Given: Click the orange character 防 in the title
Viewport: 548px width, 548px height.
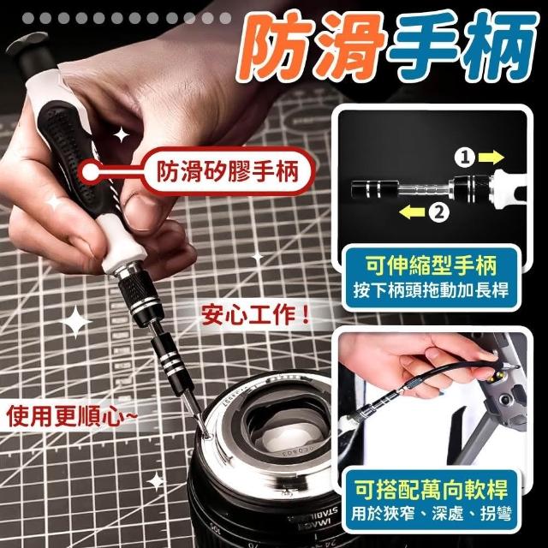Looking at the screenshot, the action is pyautogui.click(x=275, y=48).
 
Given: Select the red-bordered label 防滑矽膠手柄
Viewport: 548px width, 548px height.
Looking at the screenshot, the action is pyautogui.click(x=227, y=171).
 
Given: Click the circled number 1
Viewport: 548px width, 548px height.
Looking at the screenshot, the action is pyautogui.click(x=464, y=158).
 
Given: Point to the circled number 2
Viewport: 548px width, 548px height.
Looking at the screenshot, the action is pyautogui.click(x=439, y=211).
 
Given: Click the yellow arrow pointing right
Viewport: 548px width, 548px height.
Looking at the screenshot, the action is pyautogui.click(x=491, y=157).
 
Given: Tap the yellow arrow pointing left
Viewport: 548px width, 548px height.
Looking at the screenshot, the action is pyautogui.click(x=412, y=211).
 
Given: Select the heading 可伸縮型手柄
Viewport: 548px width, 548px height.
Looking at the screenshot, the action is pyautogui.click(x=432, y=266).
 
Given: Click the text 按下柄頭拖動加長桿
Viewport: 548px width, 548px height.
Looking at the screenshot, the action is pyautogui.click(x=431, y=290).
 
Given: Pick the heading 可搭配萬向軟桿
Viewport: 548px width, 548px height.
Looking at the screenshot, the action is pyautogui.click(x=431, y=489).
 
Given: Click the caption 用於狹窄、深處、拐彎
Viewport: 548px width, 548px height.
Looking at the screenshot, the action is pyautogui.click(x=432, y=514).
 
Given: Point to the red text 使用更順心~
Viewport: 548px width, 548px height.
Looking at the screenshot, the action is pyautogui.click(x=71, y=416).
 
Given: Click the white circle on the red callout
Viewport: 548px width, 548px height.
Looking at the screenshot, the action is pyautogui.click(x=91, y=171).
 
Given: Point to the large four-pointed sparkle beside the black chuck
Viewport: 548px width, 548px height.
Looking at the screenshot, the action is pyautogui.click(x=75, y=322).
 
